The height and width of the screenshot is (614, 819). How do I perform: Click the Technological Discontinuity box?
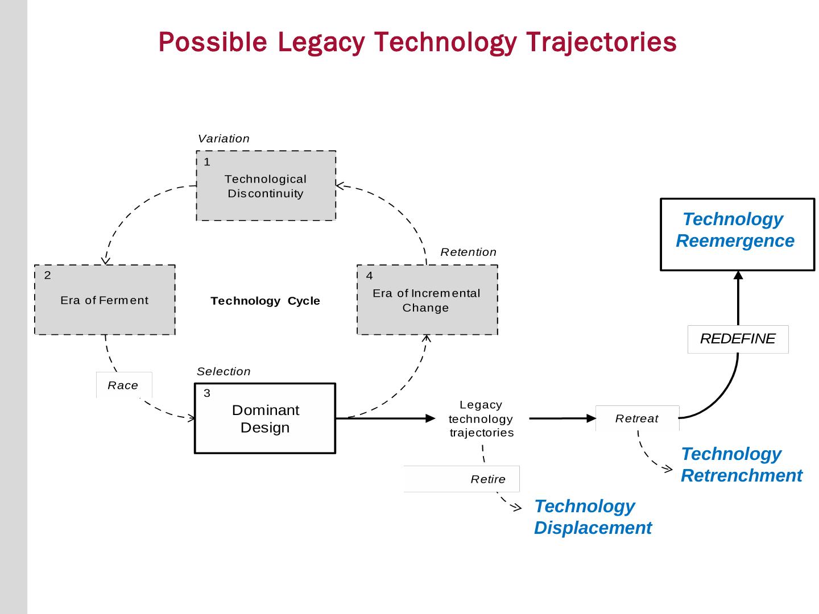tap(266, 186)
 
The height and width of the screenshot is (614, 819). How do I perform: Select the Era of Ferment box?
tap(105, 300)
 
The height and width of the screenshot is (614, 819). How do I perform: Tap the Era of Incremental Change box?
tap(427, 300)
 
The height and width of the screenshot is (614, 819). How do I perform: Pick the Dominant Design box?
tap(265, 418)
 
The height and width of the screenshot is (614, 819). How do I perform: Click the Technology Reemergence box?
tap(737, 234)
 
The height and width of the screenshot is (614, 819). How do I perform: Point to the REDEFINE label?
tap(738, 339)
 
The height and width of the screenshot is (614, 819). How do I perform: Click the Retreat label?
tap(637, 418)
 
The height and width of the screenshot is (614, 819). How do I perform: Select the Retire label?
tap(488, 479)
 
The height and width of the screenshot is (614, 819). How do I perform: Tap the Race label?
tap(123, 385)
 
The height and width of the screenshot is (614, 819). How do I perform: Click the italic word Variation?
tap(224, 139)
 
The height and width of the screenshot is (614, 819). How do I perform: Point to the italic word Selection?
tap(224, 371)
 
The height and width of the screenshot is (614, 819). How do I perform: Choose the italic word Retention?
tap(468, 252)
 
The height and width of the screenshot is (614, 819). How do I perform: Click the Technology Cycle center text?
tap(265, 301)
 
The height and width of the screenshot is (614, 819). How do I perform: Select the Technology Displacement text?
tap(593, 517)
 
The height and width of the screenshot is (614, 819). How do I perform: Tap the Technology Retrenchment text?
tap(741, 464)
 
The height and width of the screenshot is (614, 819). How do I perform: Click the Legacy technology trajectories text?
tap(481, 418)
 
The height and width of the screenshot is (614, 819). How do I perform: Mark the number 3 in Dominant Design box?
tap(207, 393)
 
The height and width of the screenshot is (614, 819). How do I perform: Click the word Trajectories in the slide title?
tap(602, 42)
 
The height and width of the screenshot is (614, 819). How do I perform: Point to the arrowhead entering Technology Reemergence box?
tap(738, 276)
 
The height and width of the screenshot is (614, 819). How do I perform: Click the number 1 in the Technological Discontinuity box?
tap(207, 162)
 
